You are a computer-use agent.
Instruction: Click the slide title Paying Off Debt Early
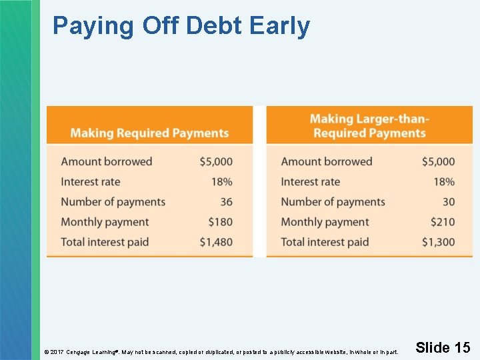pyautogui.click(x=181, y=26)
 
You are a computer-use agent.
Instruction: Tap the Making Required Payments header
pyautogui.click(x=149, y=133)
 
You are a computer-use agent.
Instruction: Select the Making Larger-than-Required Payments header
pyautogui.click(x=369, y=126)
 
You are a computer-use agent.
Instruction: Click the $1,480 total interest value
pyautogui.click(x=216, y=242)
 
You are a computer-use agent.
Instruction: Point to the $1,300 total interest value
pyautogui.click(x=438, y=242)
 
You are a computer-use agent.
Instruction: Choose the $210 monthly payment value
pyautogui.click(x=442, y=222)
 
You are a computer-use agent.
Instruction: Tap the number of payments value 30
pyautogui.click(x=449, y=202)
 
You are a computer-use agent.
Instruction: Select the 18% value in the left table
pyautogui.click(x=222, y=182)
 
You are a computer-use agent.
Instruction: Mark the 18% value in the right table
pyautogui.click(x=444, y=182)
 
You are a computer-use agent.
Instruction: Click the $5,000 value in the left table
pyautogui.click(x=216, y=161)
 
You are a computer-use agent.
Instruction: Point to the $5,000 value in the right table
pyautogui.click(x=438, y=161)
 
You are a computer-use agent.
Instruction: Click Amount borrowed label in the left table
pyautogui.click(x=107, y=161)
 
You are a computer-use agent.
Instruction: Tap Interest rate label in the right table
pyautogui.click(x=310, y=182)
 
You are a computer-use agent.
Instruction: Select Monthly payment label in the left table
pyautogui.click(x=105, y=222)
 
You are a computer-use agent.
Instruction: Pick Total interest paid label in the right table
pyautogui.click(x=325, y=242)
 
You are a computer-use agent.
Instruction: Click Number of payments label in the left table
pyautogui.click(x=113, y=202)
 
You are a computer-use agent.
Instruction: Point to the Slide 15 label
pyautogui.click(x=443, y=347)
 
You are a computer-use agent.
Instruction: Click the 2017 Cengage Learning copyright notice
pyautogui.click(x=221, y=351)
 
